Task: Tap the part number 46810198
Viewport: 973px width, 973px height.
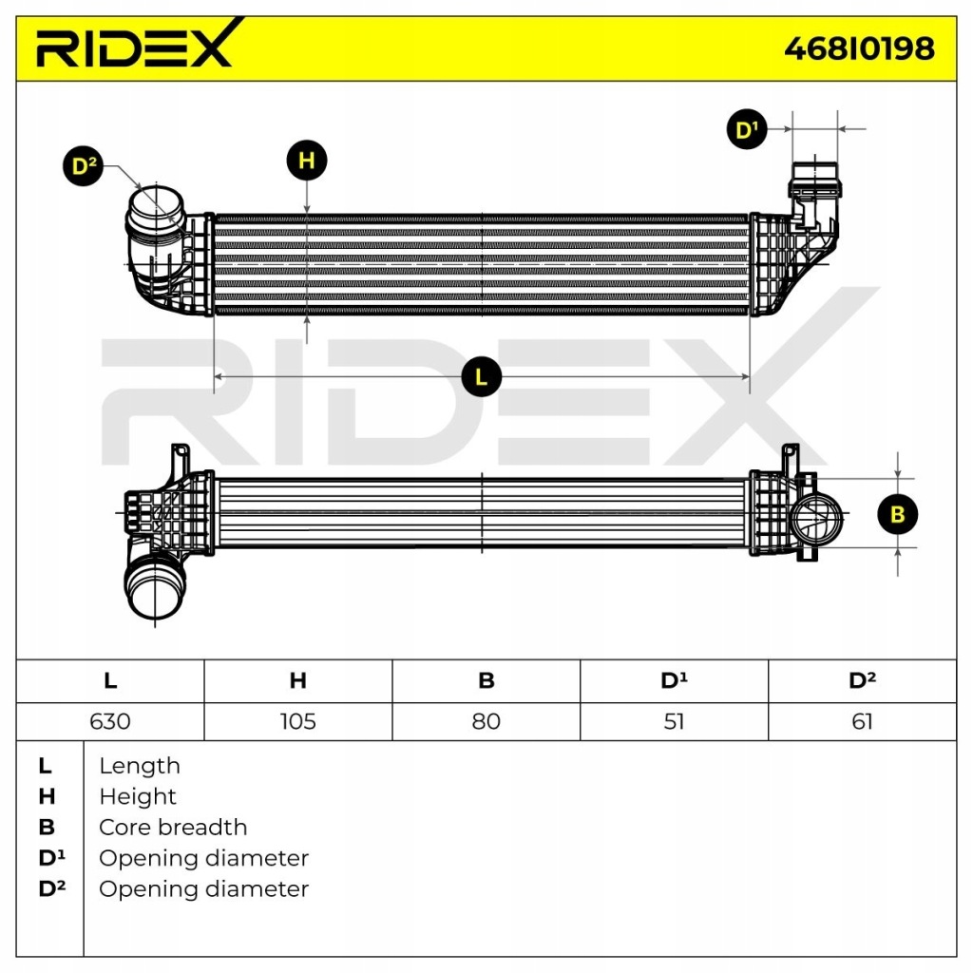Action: (x=858, y=48)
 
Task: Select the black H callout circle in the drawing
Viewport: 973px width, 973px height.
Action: (x=307, y=161)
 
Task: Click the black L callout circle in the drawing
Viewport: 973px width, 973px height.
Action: (x=481, y=377)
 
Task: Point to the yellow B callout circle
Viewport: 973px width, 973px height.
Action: (x=897, y=514)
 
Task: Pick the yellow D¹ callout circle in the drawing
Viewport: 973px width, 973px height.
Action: (x=748, y=129)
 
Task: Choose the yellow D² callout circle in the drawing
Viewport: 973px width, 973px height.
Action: (x=86, y=167)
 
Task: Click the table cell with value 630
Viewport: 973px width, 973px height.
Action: (x=110, y=721)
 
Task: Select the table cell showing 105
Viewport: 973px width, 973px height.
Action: (x=297, y=721)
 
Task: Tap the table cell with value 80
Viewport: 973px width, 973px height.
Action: (x=486, y=721)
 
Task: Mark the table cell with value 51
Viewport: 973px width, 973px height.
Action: (x=673, y=721)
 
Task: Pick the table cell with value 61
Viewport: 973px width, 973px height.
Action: (x=861, y=721)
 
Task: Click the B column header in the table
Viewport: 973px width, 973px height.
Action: (x=486, y=680)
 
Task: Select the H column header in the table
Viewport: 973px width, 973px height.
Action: (x=297, y=680)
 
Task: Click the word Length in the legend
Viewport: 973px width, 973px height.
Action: (x=139, y=766)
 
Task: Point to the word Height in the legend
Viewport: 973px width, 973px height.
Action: (x=138, y=796)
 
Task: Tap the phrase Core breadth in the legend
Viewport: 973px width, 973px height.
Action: (x=173, y=828)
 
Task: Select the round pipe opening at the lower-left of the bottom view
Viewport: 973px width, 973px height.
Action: (x=154, y=591)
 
